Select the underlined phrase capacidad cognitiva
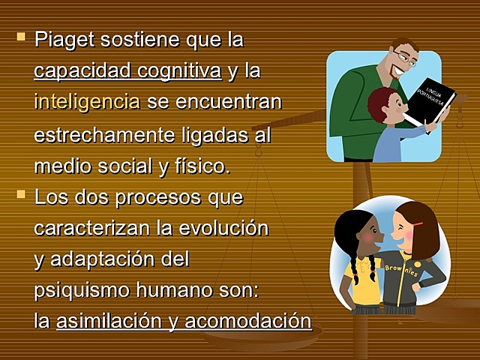point(127,71)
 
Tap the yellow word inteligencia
point(86,102)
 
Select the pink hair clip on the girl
point(417,223)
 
